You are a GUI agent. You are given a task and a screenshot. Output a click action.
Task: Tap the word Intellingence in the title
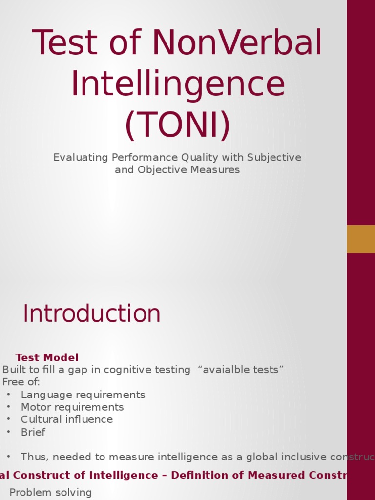click(x=178, y=84)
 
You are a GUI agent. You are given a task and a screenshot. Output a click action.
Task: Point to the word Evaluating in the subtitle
click(x=81, y=158)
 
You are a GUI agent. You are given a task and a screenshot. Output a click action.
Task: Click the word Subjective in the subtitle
click(x=274, y=158)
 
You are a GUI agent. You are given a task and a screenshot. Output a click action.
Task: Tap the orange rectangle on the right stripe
click(x=361, y=239)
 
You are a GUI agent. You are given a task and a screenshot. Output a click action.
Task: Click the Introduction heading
click(x=92, y=313)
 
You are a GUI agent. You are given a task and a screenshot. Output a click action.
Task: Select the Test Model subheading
click(x=47, y=357)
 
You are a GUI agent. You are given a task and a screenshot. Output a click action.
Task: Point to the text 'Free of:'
click(x=21, y=382)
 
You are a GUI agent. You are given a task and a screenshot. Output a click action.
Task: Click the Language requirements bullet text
click(x=83, y=395)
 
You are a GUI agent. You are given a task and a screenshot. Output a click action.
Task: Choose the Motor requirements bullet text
click(x=72, y=407)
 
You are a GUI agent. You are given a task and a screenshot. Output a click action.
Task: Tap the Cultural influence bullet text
click(x=67, y=419)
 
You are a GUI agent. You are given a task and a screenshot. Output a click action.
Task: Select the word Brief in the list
click(x=33, y=432)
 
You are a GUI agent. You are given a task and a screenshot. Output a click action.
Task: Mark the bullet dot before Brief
click(x=8, y=432)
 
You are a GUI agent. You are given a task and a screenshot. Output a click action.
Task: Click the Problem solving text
click(x=51, y=492)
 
